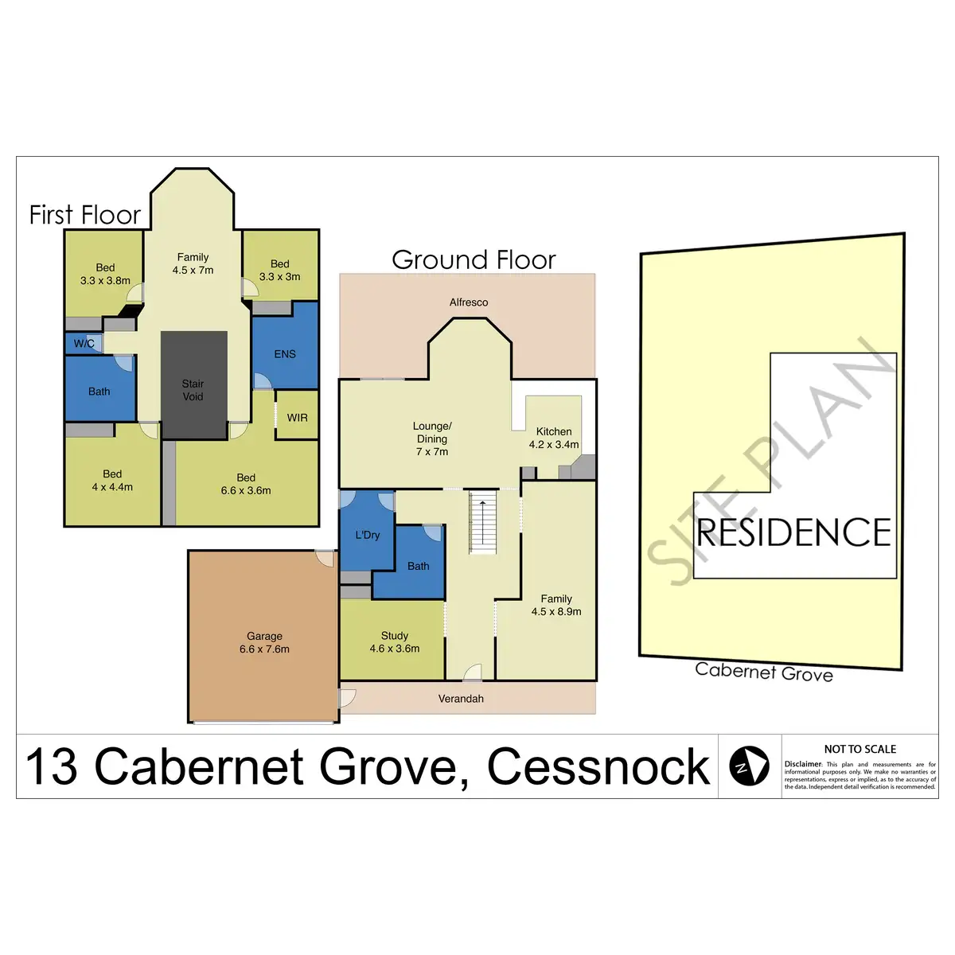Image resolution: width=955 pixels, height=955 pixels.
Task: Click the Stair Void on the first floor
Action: [x=193, y=389]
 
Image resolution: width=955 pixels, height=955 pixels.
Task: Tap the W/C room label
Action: [x=84, y=344]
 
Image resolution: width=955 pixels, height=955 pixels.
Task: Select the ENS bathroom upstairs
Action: [x=285, y=354]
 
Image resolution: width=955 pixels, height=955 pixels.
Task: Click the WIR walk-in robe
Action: [x=297, y=417]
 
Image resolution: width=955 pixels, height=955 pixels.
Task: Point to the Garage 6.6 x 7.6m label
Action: [x=264, y=642]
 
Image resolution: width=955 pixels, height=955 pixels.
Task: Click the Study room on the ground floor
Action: [x=394, y=641]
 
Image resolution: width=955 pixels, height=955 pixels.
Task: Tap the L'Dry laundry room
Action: [x=367, y=535]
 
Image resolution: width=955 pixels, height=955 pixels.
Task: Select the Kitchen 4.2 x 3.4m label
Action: [x=554, y=438]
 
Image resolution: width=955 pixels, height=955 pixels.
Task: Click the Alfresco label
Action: [x=469, y=302]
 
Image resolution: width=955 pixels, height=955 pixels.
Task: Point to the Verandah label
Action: [x=461, y=699]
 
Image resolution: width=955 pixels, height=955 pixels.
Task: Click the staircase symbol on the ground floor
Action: [x=483, y=523]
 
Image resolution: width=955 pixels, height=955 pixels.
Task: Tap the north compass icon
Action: [x=750, y=766]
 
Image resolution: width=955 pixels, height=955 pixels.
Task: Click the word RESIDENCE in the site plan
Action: [x=793, y=532]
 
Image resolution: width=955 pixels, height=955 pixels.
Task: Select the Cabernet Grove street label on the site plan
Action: [x=764, y=672]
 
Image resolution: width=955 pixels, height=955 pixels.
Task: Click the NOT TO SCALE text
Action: [x=859, y=749]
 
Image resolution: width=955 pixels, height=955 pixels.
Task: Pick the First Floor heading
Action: [x=84, y=215]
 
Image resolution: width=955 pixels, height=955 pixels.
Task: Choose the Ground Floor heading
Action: [x=474, y=259]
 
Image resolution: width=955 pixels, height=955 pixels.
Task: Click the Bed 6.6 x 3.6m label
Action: [x=246, y=484]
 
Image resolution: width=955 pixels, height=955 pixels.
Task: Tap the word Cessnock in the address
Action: [x=598, y=766]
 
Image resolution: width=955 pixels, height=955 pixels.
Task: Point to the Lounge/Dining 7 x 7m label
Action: [x=432, y=439]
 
